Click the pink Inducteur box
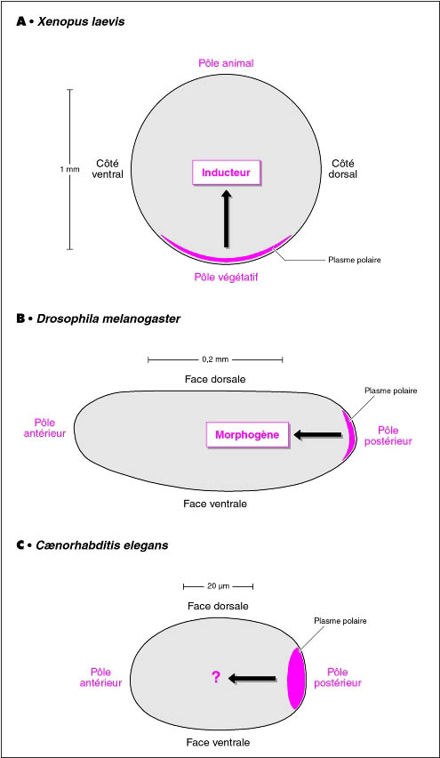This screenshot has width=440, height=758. (x=226, y=172)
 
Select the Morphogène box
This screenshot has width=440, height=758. (x=247, y=434)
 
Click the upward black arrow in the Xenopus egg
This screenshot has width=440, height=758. (x=226, y=218)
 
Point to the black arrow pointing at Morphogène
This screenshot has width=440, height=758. (x=317, y=435)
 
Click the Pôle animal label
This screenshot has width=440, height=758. (x=226, y=63)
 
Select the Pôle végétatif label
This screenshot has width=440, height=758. (x=226, y=278)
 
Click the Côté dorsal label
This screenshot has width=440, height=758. (x=344, y=169)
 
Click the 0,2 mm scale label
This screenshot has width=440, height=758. (x=215, y=359)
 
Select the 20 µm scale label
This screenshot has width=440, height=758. (x=218, y=586)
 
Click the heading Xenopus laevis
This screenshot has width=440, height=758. (x=80, y=22)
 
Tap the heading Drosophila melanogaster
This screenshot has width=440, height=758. (x=108, y=319)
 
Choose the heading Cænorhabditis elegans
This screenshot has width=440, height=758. (x=102, y=545)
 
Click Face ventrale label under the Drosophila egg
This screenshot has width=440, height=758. (x=215, y=504)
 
